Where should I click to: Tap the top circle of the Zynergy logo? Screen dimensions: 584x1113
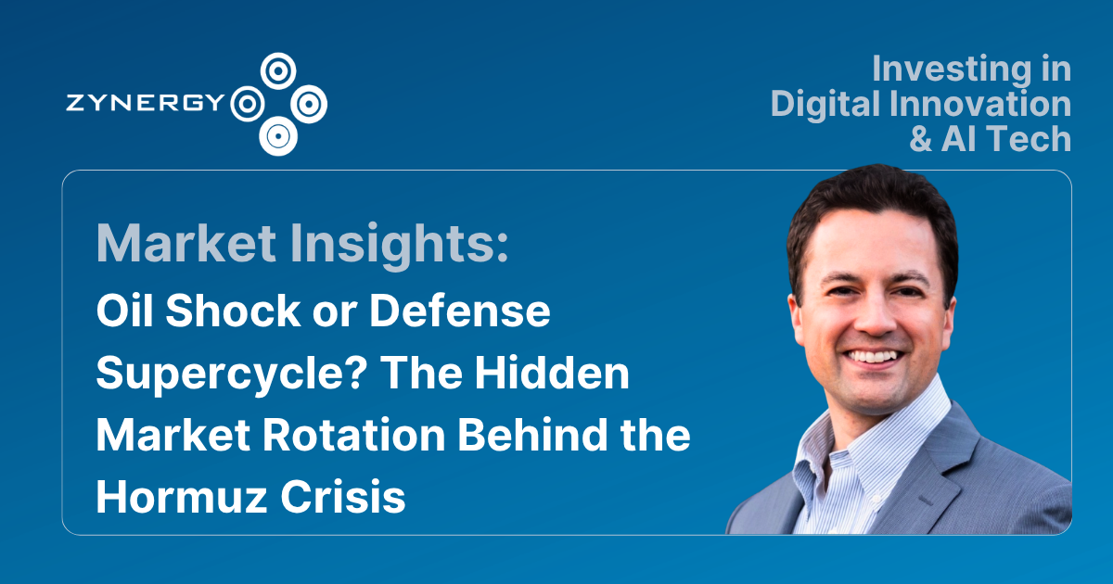coord(276,69)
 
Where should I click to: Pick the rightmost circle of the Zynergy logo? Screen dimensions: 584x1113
coord(309,103)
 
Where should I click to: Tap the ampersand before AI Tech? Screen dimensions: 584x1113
coord(923,138)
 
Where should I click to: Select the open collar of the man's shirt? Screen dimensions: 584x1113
coord(858,436)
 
